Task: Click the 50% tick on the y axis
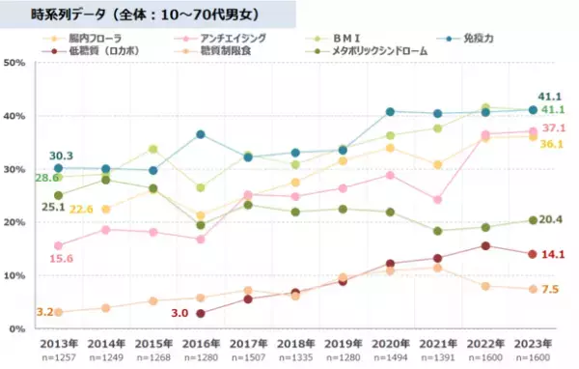[x=14, y=63]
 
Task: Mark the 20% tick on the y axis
[x=14, y=222]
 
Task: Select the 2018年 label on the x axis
[x=295, y=343]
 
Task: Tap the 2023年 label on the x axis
[x=533, y=343]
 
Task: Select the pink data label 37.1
[x=553, y=128]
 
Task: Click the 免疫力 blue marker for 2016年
[x=201, y=134]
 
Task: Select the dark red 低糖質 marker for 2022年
[x=485, y=245]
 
